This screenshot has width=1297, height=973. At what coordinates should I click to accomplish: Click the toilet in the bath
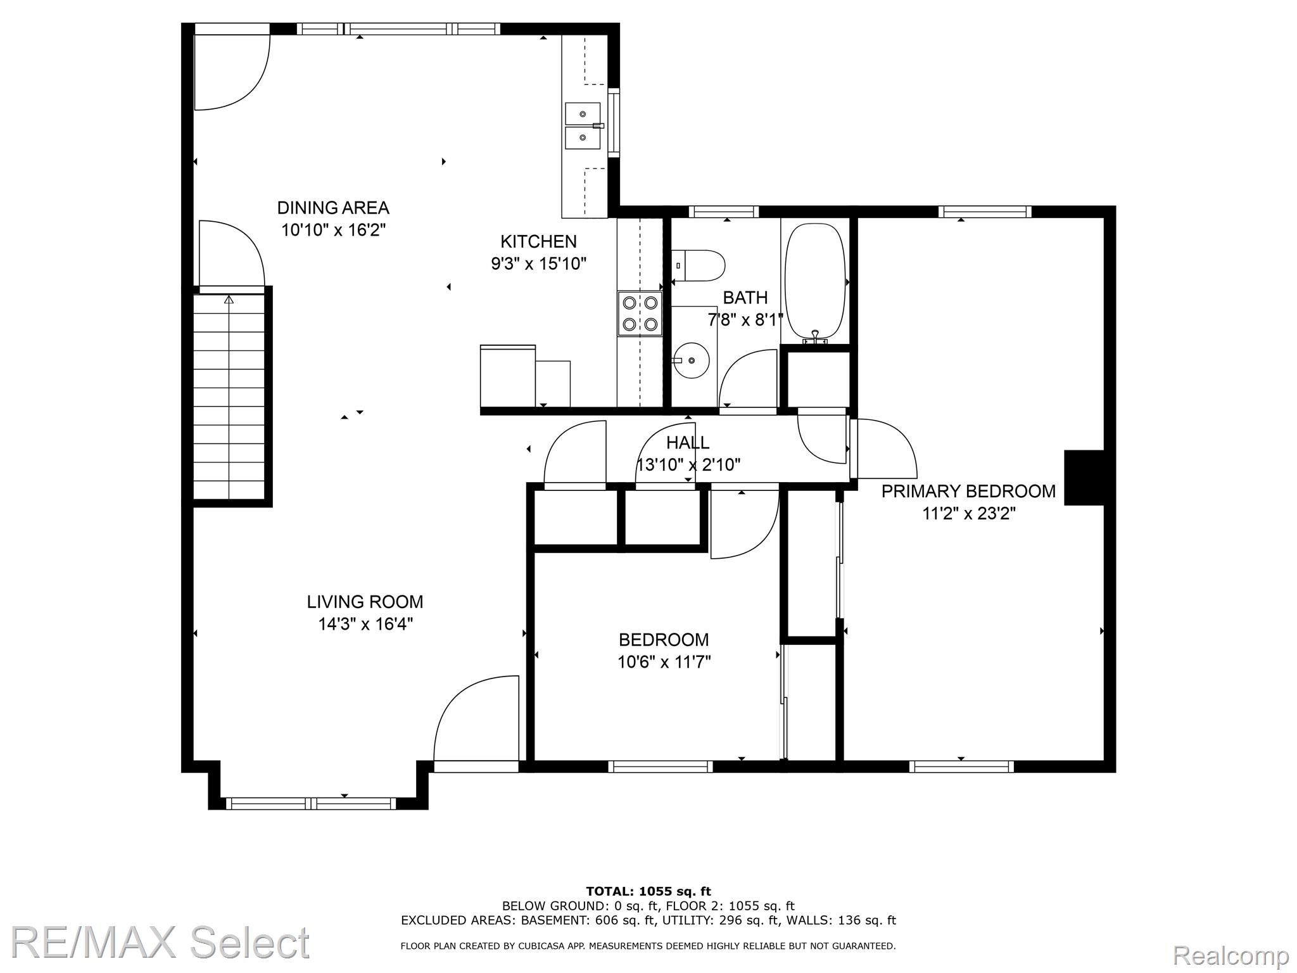pos(698,266)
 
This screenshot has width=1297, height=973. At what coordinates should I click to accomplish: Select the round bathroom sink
pos(690,360)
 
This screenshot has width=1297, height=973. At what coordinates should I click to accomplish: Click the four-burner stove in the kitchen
pos(640,314)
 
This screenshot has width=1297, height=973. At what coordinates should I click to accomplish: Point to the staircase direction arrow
pos(229,299)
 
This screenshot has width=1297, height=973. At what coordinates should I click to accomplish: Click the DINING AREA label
pos(333,208)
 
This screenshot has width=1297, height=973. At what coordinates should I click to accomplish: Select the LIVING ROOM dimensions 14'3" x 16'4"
pos(365,624)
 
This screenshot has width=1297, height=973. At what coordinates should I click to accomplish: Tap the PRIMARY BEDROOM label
pos(968,491)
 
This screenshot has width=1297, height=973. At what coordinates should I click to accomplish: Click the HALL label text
pos(687,442)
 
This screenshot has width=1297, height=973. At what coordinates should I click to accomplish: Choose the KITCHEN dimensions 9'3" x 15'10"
pos(539,264)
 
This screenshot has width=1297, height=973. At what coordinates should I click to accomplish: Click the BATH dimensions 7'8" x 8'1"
pos(745,320)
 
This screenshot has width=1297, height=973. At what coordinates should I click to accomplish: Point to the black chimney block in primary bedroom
pos(1085,478)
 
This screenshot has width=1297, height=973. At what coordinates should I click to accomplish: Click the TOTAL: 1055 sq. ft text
pos(648,892)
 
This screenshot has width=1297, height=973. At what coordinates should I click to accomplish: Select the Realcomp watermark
pos(1231,955)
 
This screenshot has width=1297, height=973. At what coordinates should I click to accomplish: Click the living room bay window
pos(311,804)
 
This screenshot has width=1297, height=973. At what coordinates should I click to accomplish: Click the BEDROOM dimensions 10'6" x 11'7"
pos(664,662)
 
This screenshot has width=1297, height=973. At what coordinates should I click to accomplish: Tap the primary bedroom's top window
pos(985,212)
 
